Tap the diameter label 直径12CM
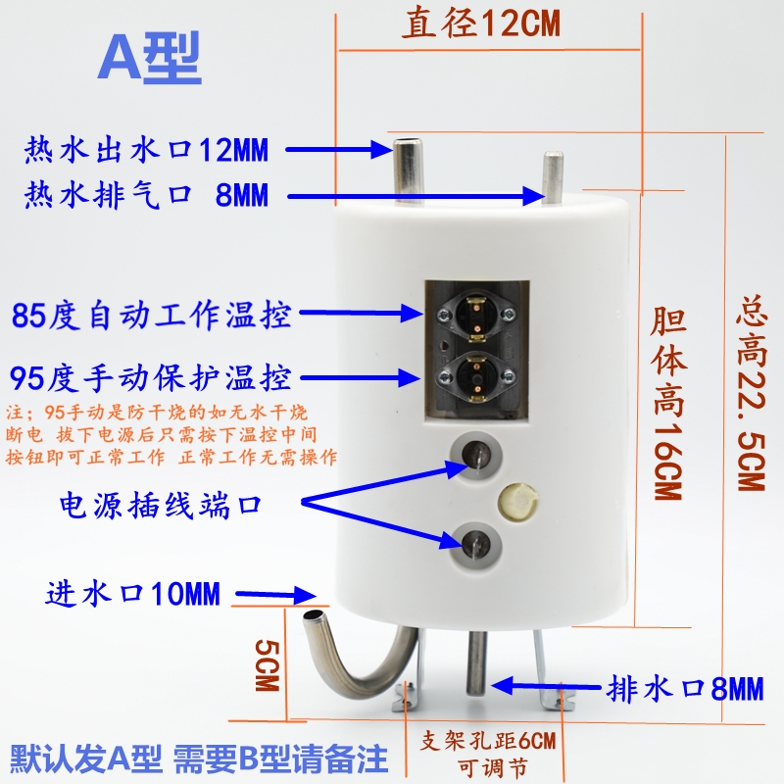[480, 24]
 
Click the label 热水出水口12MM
[146, 150]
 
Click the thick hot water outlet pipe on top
[406, 167]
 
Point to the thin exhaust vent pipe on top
[554, 176]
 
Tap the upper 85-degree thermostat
[476, 314]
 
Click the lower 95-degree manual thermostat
[476, 376]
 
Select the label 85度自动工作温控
[152, 316]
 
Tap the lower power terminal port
[475, 539]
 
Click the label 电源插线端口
[162, 505]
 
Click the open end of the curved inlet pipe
[312, 619]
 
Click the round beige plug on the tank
[516, 503]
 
